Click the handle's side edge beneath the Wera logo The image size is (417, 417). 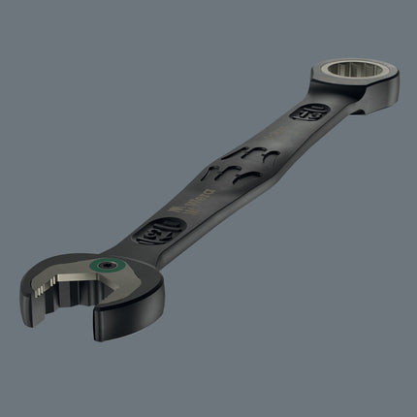[208, 221]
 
